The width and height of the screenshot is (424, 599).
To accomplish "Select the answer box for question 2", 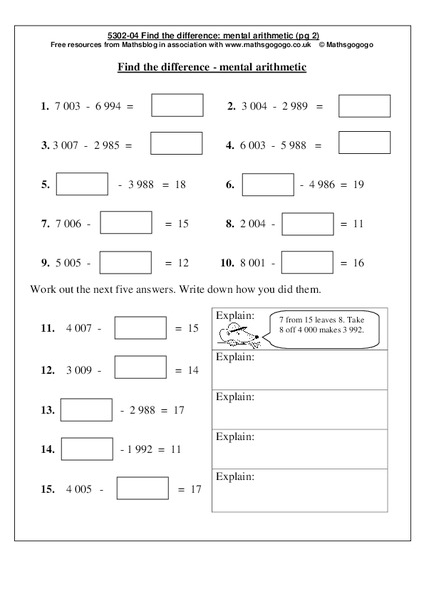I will (x=363, y=106).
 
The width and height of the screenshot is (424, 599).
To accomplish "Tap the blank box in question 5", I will (x=82, y=185).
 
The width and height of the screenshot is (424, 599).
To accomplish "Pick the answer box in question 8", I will (x=310, y=224).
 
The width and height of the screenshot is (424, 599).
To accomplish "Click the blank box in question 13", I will (x=86, y=409).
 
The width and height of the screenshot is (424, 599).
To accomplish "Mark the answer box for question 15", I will (x=141, y=489).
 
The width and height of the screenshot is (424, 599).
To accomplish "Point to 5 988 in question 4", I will (x=285, y=145).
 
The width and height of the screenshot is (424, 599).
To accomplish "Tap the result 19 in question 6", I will (x=358, y=185).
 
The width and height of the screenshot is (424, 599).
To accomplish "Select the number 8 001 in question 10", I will (x=253, y=263).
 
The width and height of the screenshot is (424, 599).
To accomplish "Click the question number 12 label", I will (x=47, y=370).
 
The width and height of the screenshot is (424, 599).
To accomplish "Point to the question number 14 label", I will (x=47, y=450).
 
